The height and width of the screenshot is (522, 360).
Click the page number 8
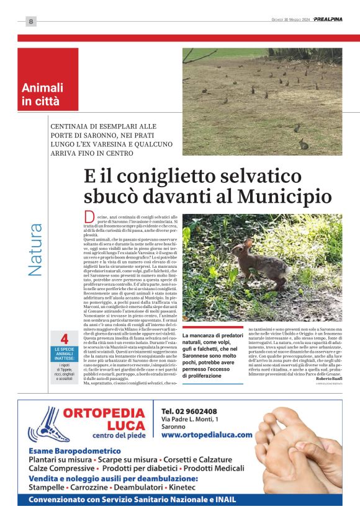(30, 22)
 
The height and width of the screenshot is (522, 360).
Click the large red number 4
(64, 339)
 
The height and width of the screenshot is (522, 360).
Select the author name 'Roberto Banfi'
(328, 379)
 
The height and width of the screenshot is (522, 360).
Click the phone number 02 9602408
(189, 412)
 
